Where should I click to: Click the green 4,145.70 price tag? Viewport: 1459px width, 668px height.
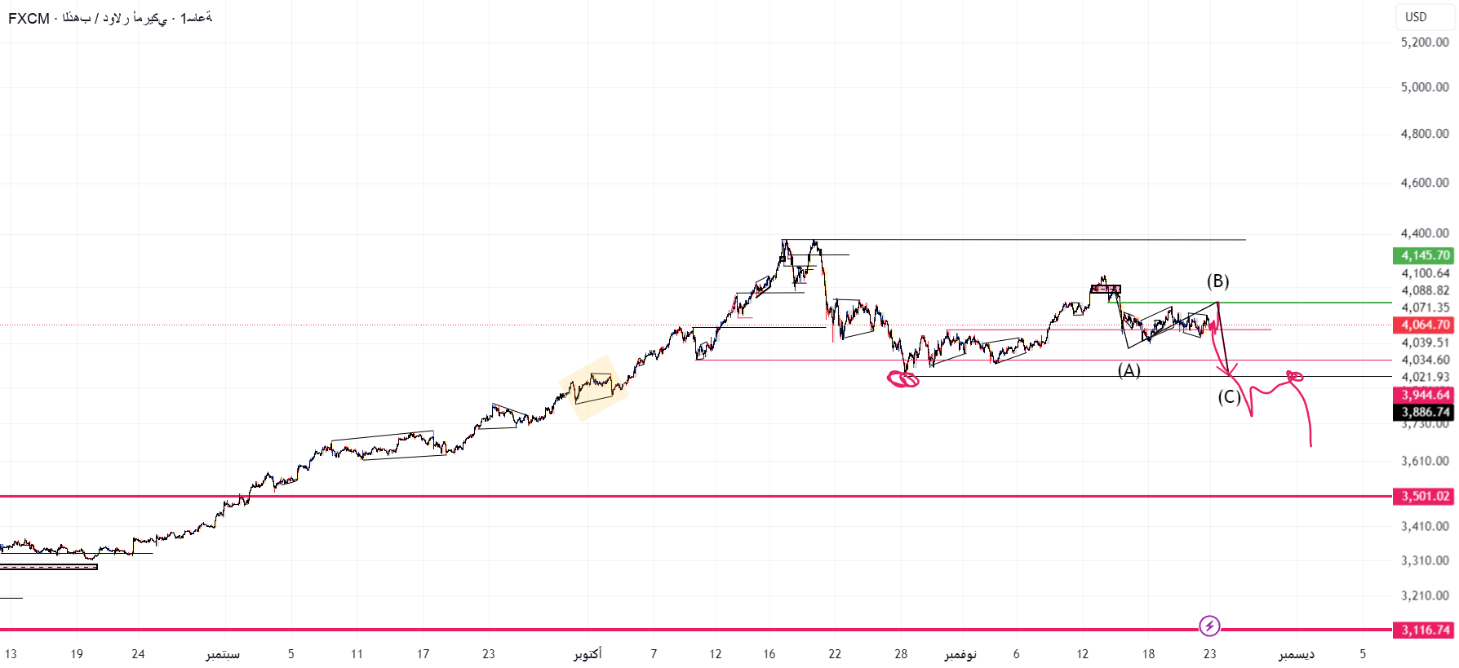click(x=1424, y=255)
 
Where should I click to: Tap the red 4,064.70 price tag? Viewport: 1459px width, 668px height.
click(x=1424, y=325)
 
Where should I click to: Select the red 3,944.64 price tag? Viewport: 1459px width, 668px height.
click(x=1424, y=395)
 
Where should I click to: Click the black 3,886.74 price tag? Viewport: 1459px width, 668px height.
click(x=1424, y=412)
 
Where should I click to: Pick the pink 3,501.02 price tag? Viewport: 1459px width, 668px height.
click(x=1424, y=496)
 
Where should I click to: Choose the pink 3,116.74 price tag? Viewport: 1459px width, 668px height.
click(x=1424, y=630)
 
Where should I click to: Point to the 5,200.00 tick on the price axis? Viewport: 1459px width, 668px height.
click(x=1424, y=42)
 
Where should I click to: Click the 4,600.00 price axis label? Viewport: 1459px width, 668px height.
click(x=1424, y=183)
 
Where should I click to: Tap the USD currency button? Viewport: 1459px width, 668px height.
click(x=1416, y=17)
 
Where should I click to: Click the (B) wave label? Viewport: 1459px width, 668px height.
click(x=1217, y=281)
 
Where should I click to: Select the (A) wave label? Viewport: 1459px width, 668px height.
click(x=1129, y=371)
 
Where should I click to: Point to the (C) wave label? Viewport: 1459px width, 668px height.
click(x=1229, y=397)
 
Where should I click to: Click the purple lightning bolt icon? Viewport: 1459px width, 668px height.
click(x=1209, y=626)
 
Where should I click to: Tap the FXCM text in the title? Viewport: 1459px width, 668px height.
click(x=29, y=18)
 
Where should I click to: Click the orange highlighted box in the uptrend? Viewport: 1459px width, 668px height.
click(x=594, y=387)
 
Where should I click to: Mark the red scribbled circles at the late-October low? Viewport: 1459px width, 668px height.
click(x=902, y=378)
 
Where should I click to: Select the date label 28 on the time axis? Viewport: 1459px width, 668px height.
click(x=901, y=654)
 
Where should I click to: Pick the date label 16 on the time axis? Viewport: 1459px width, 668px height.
click(x=769, y=654)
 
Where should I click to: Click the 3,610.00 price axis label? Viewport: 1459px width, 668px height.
click(x=1424, y=461)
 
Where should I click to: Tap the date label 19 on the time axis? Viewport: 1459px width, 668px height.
click(x=77, y=654)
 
